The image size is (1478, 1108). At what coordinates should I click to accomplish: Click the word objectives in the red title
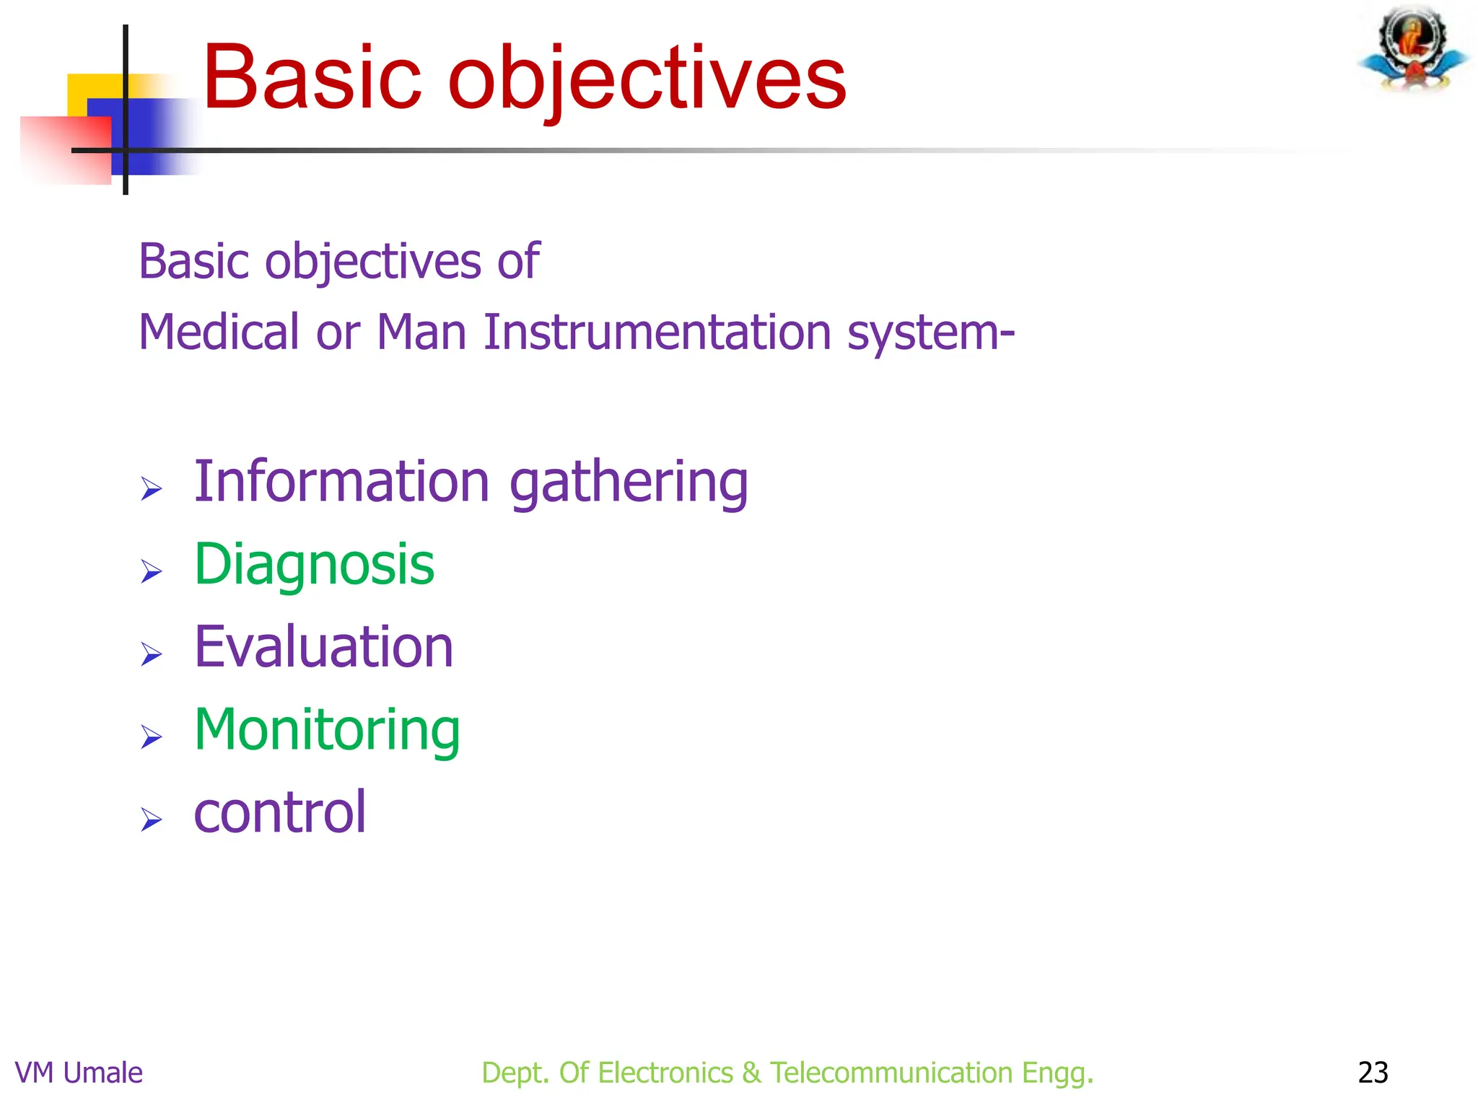647,79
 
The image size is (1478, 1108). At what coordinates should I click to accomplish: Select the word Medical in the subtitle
219,333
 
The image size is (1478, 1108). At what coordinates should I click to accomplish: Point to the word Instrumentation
657,333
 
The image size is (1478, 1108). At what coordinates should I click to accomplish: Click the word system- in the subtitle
931,334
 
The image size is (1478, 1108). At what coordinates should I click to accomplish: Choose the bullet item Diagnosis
314,565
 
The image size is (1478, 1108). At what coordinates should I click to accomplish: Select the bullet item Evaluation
323,647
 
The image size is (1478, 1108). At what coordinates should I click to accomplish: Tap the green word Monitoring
327,730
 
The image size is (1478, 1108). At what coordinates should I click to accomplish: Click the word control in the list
280,812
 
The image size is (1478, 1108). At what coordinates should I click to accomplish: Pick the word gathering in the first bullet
629,483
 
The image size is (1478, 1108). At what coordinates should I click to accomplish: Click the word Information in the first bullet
342,481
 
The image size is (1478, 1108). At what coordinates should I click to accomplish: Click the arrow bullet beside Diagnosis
151,572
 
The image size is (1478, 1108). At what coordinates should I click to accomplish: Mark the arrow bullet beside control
151,820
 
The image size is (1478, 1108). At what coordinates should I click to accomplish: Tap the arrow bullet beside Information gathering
151,489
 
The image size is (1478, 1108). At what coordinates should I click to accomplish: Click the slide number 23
1373,1073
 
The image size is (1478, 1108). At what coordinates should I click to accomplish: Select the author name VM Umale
79,1073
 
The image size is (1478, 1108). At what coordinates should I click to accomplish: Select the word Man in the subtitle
421,333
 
